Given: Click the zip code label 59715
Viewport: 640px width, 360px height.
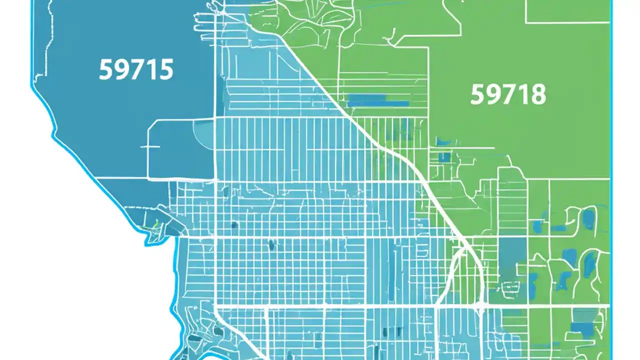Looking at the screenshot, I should coord(136,70).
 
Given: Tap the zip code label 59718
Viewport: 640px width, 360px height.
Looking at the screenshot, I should coord(508,94).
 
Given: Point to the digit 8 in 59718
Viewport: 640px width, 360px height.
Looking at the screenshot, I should coord(538,94).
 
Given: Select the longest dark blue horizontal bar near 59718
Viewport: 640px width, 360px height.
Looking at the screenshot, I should coord(378,103).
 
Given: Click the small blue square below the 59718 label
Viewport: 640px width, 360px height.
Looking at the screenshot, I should coord(444,157).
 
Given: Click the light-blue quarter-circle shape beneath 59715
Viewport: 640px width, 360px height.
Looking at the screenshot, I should coord(202,131).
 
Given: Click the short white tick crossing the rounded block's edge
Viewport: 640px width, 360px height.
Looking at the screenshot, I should coord(150,147).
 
